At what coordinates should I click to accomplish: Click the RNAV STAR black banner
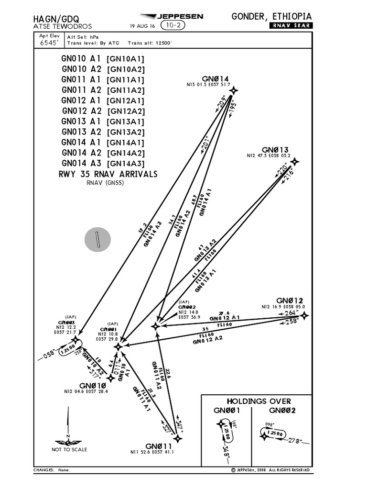291,26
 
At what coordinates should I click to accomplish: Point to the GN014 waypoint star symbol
233,90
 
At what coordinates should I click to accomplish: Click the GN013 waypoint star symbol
295,162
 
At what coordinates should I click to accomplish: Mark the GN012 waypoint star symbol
303,315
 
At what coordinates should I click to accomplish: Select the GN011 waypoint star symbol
178,438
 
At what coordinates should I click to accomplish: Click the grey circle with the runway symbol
97,239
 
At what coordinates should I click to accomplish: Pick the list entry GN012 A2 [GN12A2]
103,111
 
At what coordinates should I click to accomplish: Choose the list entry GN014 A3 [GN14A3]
103,163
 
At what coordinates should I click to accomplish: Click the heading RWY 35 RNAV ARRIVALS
108,174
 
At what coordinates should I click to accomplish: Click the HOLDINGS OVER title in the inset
258,401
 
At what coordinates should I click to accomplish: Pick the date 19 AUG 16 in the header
142,26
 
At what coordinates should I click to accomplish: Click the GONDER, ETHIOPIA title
271,16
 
